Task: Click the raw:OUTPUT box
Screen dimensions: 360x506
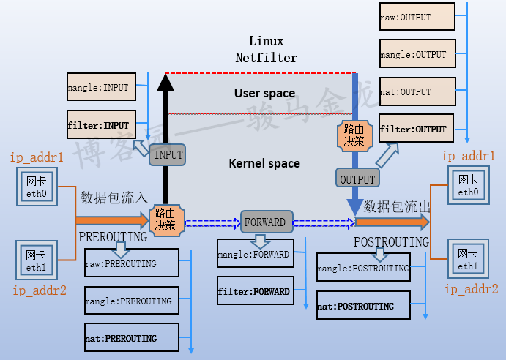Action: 415,16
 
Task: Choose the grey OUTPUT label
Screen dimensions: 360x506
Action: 357,178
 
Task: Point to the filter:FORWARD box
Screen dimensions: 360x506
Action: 253,291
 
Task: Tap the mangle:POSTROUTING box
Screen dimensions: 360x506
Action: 363,269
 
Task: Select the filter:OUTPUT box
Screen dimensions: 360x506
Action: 415,129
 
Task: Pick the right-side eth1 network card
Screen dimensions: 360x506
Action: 467,259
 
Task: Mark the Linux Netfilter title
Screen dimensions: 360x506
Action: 266,49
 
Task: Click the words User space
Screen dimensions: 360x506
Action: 264,93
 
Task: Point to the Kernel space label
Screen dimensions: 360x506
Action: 264,163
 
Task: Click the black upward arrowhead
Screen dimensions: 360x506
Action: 165,83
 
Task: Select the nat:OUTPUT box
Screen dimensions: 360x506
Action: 415,92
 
